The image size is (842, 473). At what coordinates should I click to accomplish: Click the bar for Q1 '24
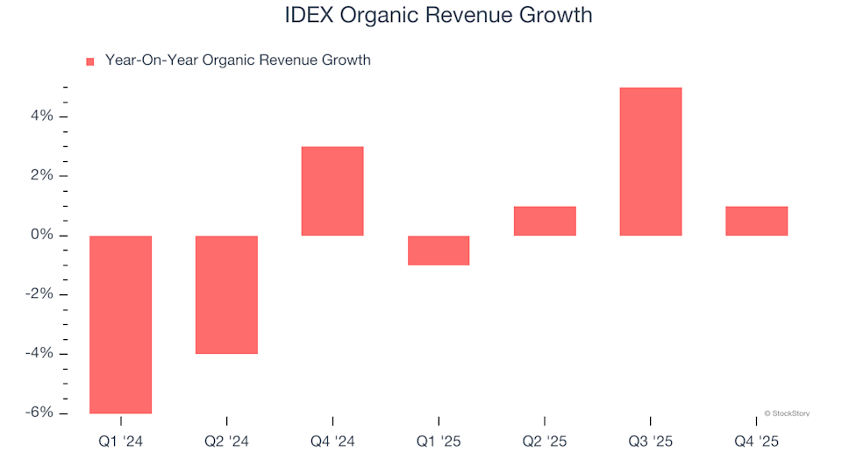121,324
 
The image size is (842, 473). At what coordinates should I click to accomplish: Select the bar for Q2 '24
226,294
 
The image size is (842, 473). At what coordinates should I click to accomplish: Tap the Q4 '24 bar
332,191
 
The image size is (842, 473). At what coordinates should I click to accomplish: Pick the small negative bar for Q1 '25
439,251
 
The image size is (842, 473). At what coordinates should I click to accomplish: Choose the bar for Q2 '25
545,221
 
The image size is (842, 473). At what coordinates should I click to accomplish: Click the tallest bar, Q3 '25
650,161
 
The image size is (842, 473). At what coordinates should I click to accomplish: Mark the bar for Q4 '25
756,221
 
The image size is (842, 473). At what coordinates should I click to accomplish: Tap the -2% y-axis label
41,294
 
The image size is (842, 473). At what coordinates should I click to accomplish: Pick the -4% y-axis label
41,354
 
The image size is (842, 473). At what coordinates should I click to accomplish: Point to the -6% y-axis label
41,413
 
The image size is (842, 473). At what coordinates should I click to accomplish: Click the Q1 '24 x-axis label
121,442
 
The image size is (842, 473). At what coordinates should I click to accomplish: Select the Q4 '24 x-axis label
332,442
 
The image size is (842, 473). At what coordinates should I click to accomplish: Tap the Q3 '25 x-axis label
650,442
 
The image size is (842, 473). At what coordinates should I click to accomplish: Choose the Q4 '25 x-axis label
756,442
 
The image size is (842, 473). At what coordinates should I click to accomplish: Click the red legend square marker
89,61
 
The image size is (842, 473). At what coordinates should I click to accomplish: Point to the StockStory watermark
787,413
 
